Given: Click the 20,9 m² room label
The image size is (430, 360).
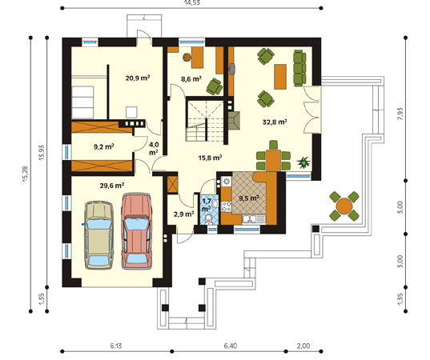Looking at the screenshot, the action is (x=138, y=78).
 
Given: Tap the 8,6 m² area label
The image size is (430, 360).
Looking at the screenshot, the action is (x=191, y=79).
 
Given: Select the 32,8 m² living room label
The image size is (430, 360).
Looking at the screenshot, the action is (x=275, y=122).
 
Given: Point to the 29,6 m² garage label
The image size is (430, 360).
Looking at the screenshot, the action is (x=112, y=186).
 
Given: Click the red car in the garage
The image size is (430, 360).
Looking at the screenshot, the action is (x=137, y=231).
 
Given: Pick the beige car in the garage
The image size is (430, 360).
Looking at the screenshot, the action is (x=99, y=235).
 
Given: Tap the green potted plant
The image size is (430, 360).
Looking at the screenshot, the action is (x=303, y=162).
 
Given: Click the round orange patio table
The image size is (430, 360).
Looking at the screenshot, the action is (x=344, y=206).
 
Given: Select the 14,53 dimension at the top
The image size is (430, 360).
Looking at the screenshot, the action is (x=192, y=2).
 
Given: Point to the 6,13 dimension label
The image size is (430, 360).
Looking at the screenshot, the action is (x=116, y=346).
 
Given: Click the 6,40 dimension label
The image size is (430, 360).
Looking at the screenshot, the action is (x=231, y=346).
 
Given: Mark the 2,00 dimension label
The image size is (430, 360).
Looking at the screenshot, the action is (x=303, y=346).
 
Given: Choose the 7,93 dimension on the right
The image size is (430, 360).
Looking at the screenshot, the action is (x=400, y=114).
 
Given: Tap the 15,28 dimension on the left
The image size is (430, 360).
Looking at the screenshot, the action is (x=25, y=174).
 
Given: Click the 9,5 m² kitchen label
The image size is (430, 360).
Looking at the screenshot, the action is (x=249, y=198).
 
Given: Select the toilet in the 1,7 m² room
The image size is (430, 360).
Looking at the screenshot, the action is (x=209, y=220).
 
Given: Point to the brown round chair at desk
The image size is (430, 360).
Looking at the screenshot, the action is (x=187, y=57).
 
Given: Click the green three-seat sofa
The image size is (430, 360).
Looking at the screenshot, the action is (x=299, y=68).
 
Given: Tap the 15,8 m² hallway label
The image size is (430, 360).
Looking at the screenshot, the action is (x=210, y=158).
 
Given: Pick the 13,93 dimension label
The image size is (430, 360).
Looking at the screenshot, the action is (x=42, y=153).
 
